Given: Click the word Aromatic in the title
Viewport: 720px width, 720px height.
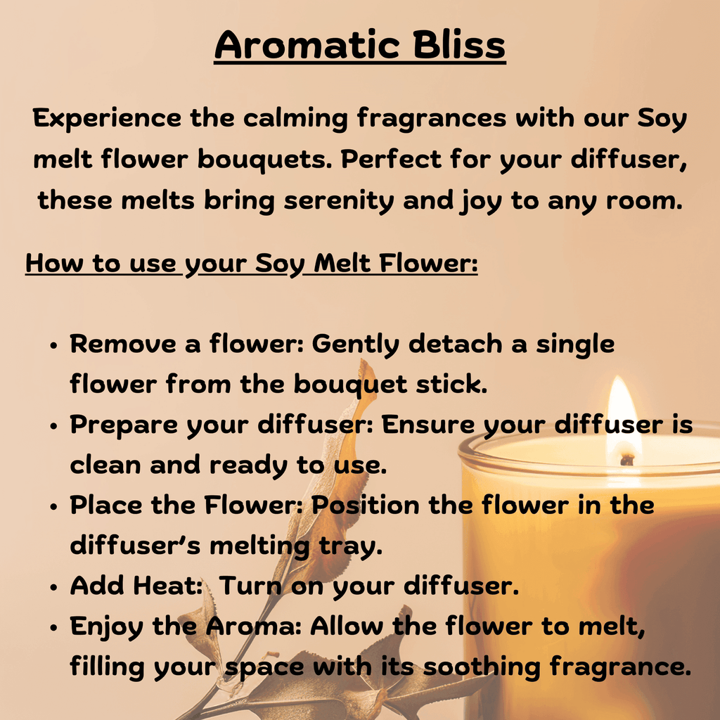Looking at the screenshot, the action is click(307, 45).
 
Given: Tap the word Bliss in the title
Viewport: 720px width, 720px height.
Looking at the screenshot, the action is click(459, 44).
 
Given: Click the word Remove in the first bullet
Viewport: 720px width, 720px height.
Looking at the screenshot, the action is click(123, 343).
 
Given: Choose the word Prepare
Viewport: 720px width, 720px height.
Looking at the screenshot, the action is click(124, 425).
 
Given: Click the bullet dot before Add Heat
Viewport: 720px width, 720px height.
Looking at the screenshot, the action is click(54, 587).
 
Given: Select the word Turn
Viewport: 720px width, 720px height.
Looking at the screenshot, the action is click(250, 586).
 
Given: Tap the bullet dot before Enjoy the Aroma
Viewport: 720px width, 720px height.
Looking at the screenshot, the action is click(54, 628).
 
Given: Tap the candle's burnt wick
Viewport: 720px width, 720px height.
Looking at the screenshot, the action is click(627, 459).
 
